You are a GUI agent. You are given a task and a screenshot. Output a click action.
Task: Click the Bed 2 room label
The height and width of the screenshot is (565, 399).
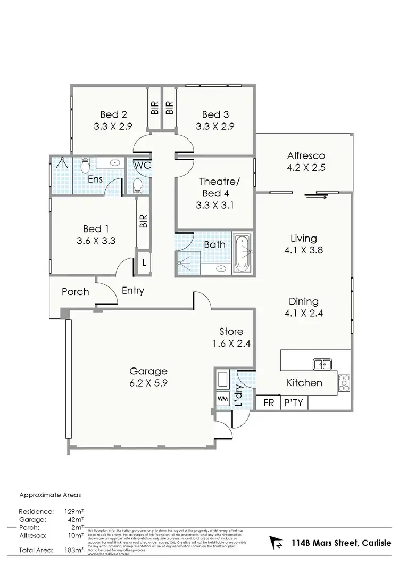(113, 114)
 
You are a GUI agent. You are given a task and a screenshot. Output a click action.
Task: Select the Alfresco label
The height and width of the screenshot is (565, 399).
(306, 156)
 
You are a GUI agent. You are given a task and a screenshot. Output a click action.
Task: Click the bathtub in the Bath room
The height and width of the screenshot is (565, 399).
(244, 252)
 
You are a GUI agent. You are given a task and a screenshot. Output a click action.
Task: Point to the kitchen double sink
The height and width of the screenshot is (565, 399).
(322, 364)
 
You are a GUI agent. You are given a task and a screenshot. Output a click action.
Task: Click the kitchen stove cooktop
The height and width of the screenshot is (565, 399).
(344, 380)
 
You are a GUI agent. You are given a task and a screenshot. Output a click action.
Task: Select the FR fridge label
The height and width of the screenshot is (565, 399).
(269, 403)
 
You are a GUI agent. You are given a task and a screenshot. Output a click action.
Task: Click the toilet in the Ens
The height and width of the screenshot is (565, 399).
(85, 166)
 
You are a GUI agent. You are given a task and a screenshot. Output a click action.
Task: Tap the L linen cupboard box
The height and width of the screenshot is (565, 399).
(143, 263)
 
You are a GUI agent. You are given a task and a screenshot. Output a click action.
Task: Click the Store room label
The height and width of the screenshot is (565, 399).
(230, 332)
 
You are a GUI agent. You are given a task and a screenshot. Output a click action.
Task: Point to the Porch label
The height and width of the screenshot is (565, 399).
(75, 292)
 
